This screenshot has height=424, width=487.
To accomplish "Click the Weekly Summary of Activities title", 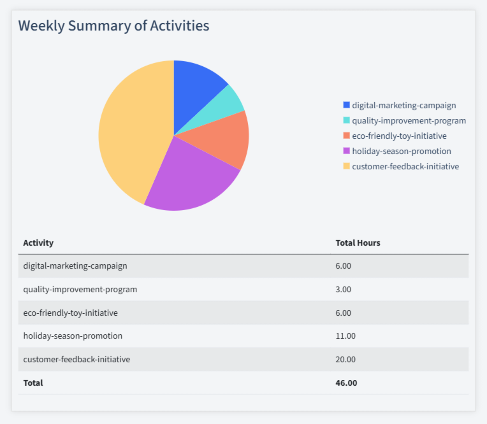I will click(x=113, y=26).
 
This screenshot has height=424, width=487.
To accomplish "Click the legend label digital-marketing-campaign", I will click(x=403, y=105).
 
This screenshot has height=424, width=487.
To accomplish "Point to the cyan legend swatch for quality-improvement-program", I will click(x=346, y=120).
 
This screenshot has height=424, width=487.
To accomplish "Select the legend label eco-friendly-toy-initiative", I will click(x=399, y=136).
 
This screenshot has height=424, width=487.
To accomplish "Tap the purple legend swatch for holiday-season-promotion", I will click(x=346, y=151).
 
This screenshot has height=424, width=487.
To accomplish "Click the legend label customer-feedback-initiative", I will click(x=405, y=166).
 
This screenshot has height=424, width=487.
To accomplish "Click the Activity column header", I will click(x=38, y=243).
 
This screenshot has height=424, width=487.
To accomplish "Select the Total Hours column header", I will click(x=358, y=243).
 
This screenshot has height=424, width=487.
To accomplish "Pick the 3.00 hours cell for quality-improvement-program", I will click(x=343, y=289).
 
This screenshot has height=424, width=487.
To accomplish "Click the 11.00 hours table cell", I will click(x=345, y=336).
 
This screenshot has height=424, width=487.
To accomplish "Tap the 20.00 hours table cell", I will click(x=345, y=359).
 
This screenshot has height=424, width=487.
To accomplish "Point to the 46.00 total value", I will click(x=346, y=383).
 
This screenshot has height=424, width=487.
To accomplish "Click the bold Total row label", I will click(x=33, y=383).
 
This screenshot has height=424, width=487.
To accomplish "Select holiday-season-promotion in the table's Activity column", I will click(x=73, y=336).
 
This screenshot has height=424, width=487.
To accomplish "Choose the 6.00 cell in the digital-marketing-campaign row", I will click(x=343, y=265).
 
